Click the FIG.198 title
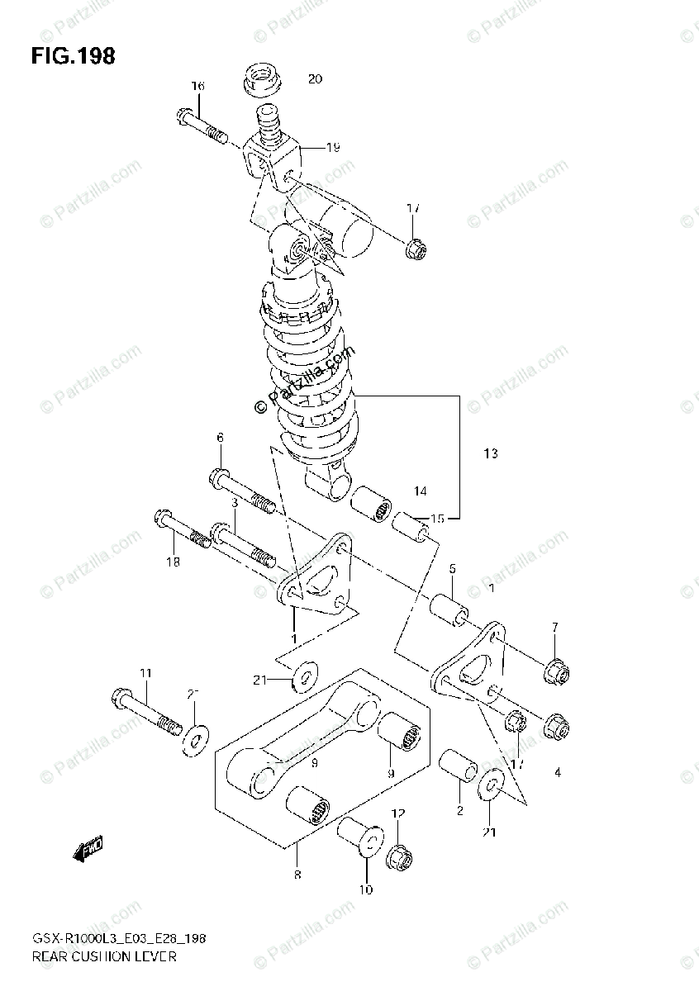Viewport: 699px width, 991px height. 74,57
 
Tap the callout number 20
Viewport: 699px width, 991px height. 315,79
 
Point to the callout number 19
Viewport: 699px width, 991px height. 332,148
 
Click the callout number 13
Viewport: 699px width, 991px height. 491,453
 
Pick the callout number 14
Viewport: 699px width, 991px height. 420,491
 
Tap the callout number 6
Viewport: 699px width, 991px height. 221,437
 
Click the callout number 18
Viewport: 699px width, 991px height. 172,562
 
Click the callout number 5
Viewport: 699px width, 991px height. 453,568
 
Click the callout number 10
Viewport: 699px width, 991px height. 365,889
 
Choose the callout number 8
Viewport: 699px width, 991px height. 297,875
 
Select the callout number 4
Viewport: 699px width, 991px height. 558,773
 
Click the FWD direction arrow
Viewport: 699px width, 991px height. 86,849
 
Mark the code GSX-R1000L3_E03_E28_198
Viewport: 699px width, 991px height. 119,939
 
